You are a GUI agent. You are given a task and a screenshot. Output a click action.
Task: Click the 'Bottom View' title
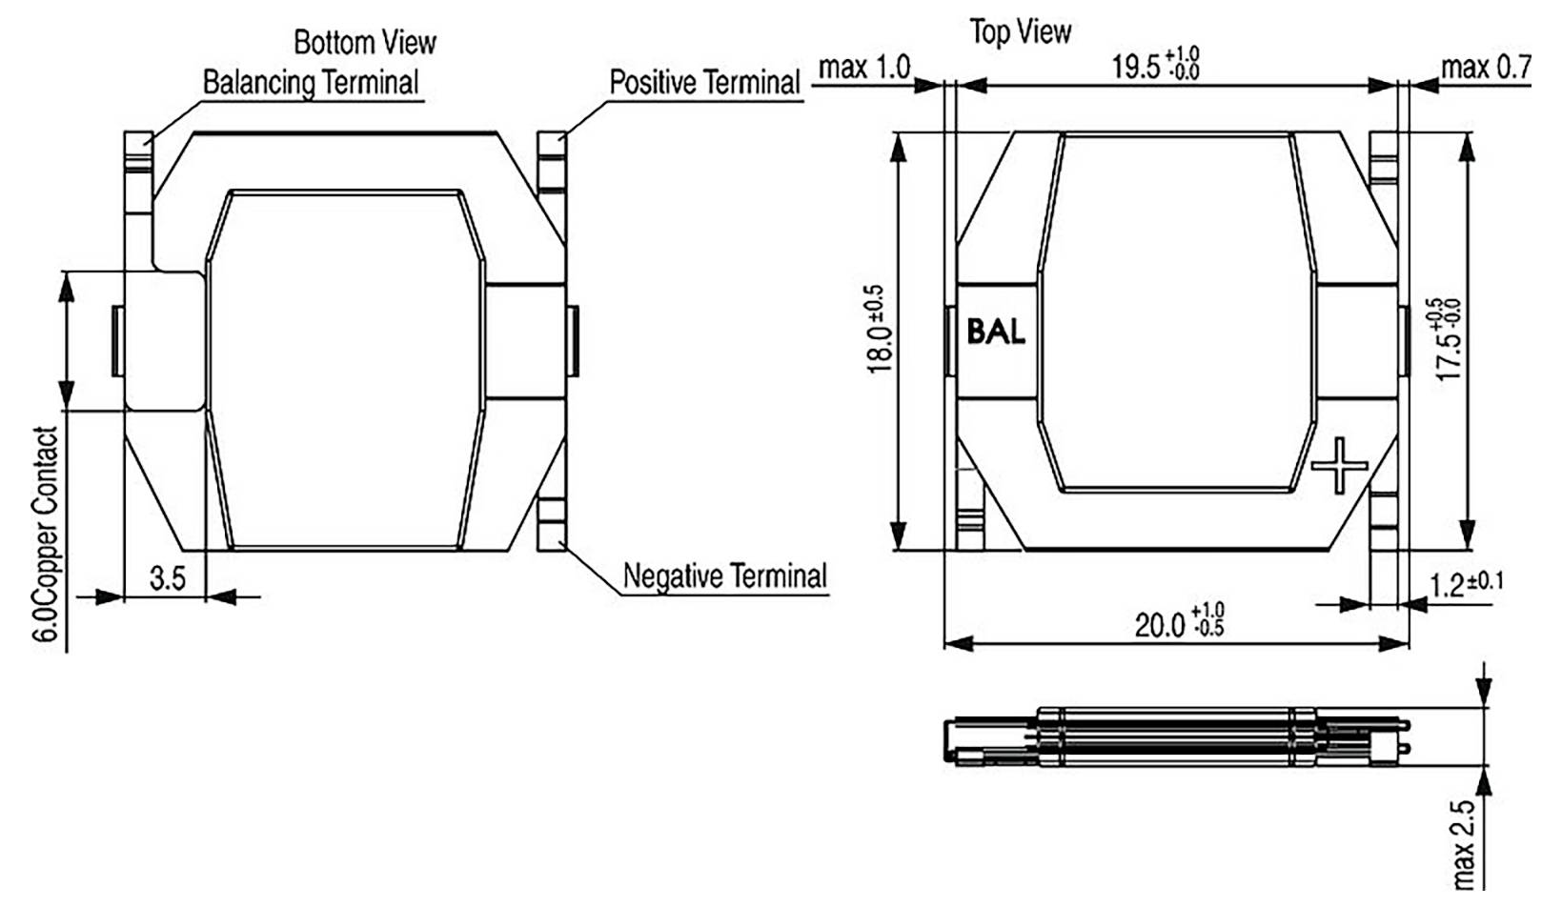point(364,43)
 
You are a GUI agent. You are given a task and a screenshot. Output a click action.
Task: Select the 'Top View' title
point(1020,31)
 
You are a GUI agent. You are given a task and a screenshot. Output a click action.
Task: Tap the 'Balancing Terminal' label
point(311,82)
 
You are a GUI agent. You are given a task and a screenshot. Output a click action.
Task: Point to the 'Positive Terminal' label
point(704,83)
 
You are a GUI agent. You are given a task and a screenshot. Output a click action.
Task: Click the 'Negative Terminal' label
point(724,576)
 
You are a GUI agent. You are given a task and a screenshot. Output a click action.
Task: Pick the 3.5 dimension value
point(168,578)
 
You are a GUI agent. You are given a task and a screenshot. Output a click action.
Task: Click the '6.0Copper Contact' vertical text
point(47,535)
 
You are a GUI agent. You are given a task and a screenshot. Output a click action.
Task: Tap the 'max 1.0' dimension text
point(864,68)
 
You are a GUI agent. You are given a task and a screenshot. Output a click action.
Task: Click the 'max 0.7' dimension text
point(1485,68)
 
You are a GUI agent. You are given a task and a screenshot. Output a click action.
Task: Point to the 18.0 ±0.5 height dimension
point(878,329)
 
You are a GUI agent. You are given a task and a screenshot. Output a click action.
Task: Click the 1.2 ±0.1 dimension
point(1465,583)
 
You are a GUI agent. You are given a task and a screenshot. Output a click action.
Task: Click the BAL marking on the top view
point(995,332)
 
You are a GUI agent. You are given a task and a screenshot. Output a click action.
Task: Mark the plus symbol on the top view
point(1339,465)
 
